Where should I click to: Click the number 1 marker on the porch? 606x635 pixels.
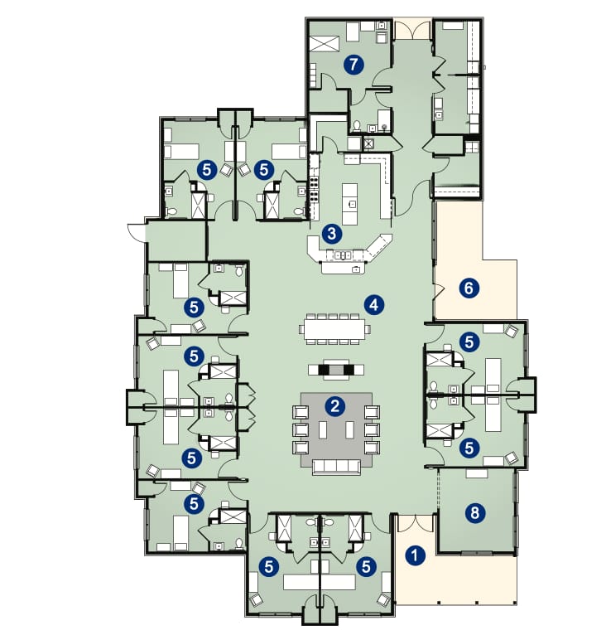point(415,555)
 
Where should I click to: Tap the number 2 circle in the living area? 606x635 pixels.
point(334,406)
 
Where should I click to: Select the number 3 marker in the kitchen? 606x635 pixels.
point(332,234)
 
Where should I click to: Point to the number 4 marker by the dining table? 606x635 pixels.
point(374,304)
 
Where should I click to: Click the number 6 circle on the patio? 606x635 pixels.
point(469,288)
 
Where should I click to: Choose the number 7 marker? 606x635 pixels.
point(353,65)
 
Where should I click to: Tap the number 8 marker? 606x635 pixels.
point(475,512)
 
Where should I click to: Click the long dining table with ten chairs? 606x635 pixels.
point(334,329)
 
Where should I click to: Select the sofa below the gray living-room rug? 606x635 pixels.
point(336,467)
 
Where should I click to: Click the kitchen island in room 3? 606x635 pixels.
point(350,204)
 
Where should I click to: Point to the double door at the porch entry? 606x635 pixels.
point(415,523)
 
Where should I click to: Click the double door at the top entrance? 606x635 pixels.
point(412,30)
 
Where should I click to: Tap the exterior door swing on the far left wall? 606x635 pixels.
point(136,232)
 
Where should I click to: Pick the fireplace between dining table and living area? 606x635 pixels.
point(336,370)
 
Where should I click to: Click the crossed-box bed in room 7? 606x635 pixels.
point(325,43)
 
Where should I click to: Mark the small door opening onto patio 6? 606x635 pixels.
point(439,291)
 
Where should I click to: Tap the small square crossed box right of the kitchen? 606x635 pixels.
point(368,143)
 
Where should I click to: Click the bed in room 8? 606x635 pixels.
point(478,473)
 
